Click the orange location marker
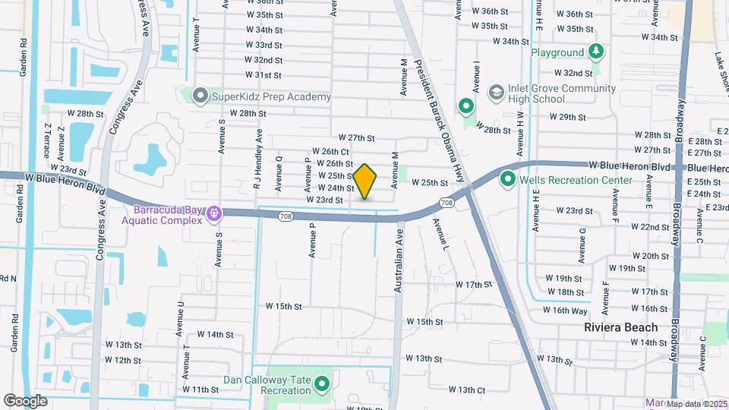tap(365, 181)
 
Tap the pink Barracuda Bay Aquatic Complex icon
tap(215, 214)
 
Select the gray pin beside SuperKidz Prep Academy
tap(200, 96)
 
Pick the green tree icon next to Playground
tap(597, 52)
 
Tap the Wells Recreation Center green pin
tap(507, 180)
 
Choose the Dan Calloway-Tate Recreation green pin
tap(323, 383)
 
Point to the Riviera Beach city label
tap(621, 327)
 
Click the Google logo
tap(25, 400)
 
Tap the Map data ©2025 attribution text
tap(696, 404)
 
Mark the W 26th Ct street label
tap(330, 152)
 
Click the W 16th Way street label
tap(565, 311)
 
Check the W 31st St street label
tap(263, 75)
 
